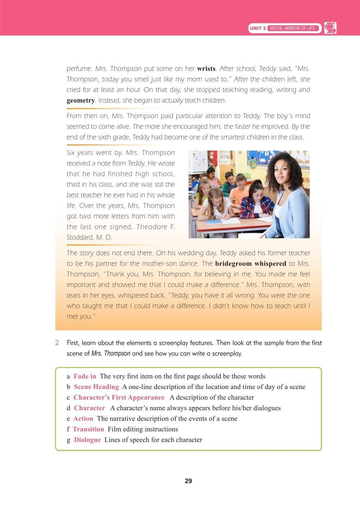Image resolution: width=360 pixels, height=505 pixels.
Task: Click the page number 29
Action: (x=188, y=481)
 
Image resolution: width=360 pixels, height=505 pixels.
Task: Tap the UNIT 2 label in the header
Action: (x=258, y=28)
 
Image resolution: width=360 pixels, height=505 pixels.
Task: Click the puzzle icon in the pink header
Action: (x=330, y=28)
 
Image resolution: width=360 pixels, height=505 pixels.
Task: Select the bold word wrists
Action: (x=206, y=68)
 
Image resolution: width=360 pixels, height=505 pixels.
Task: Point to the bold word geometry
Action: (x=81, y=100)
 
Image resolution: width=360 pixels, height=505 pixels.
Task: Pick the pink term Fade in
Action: (x=85, y=376)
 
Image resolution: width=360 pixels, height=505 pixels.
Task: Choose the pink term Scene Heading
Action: (x=96, y=387)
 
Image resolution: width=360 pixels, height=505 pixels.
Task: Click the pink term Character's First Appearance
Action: (x=119, y=397)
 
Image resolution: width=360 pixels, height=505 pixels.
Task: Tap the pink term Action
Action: (x=83, y=419)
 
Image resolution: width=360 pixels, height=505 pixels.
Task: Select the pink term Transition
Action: (x=88, y=429)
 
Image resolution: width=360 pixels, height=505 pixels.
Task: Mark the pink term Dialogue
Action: (x=87, y=440)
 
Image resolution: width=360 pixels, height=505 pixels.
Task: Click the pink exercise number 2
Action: (x=57, y=343)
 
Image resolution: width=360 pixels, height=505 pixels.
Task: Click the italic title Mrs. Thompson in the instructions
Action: (x=111, y=353)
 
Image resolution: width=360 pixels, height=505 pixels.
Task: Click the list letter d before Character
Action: (x=68, y=408)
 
